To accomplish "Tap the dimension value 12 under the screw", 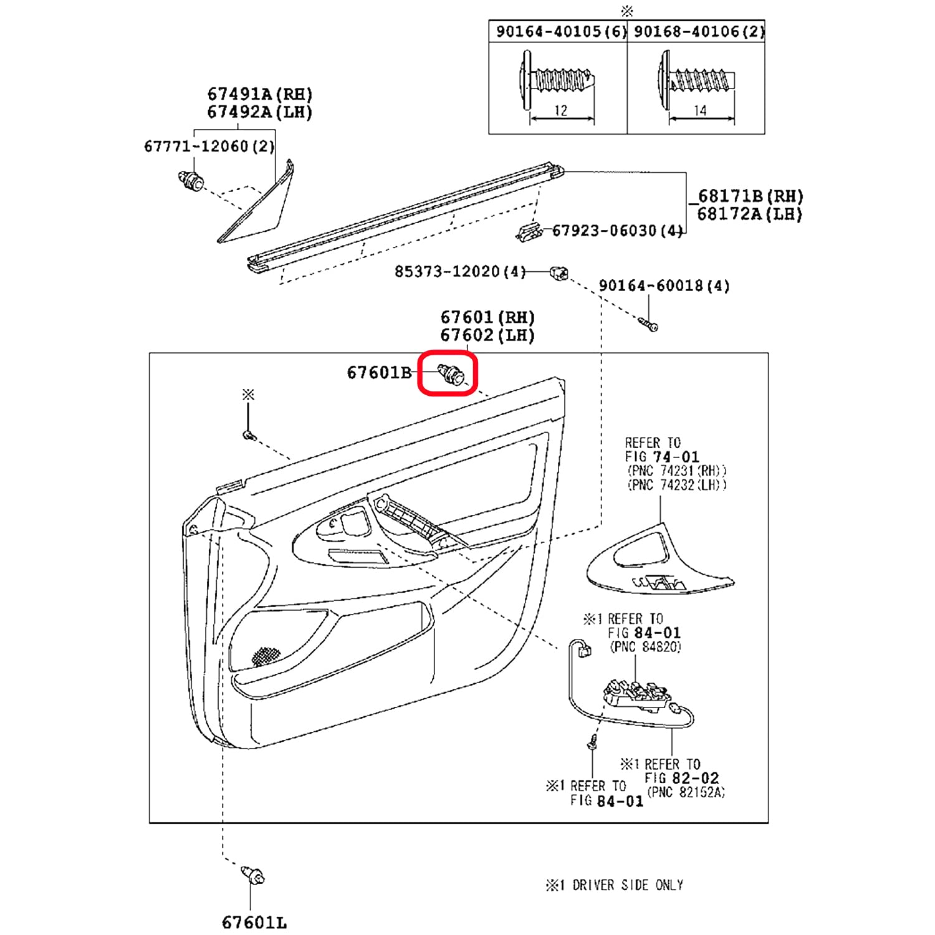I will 561,110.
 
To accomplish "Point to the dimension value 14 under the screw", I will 700,110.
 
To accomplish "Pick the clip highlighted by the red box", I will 451,375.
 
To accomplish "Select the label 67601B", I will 379,373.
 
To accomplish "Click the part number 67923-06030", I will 605,231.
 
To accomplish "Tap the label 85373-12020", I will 448,272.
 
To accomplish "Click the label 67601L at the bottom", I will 254,923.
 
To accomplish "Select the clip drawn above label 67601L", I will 254,875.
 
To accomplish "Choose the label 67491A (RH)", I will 260,94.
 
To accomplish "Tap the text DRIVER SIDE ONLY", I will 628,885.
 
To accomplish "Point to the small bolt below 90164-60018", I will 649,324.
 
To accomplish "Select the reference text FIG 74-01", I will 662,457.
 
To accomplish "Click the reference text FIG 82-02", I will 681,778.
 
